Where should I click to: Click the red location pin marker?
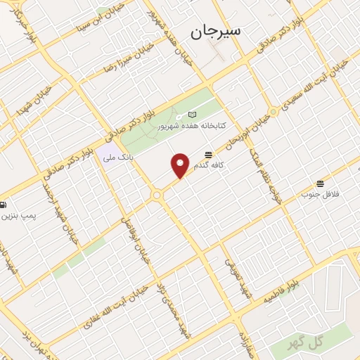181,165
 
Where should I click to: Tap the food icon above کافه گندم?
208,155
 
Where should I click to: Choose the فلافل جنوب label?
320,193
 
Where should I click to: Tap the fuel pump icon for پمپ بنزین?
4,205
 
